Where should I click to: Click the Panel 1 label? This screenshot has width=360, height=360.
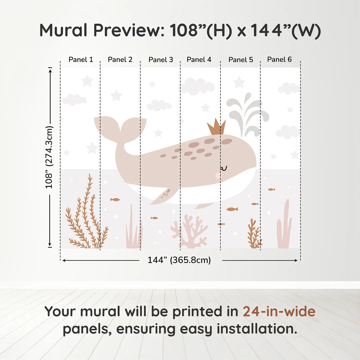[x=81, y=60]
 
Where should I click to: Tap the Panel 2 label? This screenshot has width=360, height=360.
[x=120, y=60]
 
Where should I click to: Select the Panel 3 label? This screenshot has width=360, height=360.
[x=161, y=60]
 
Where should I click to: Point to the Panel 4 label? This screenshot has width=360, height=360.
[x=199, y=60]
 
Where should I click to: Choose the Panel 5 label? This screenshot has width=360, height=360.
[x=241, y=60]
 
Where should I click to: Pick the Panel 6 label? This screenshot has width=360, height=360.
[x=280, y=59]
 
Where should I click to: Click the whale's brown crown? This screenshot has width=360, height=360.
[x=217, y=127]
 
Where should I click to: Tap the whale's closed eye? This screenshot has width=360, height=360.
[x=224, y=169]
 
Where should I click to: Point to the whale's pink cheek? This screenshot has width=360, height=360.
[x=218, y=176]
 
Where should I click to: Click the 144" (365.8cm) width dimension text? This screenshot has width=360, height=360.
[x=179, y=260]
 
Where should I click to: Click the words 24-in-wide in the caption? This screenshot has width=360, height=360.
[x=279, y=312]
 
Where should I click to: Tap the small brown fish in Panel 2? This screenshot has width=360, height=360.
[x=115, y=200]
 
